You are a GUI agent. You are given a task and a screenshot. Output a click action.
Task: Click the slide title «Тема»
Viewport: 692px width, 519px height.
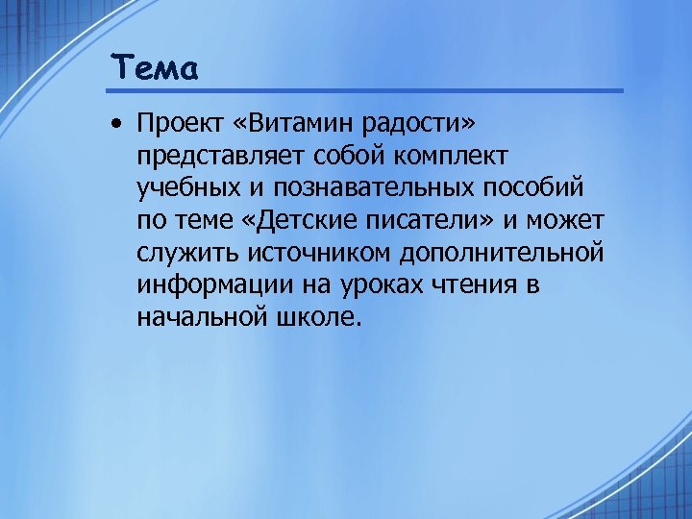(154, 68)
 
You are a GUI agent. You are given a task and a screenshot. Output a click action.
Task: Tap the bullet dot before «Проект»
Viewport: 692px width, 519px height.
(115, 125)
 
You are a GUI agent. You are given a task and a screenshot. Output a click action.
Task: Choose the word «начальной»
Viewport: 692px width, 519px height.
(198, 318)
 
